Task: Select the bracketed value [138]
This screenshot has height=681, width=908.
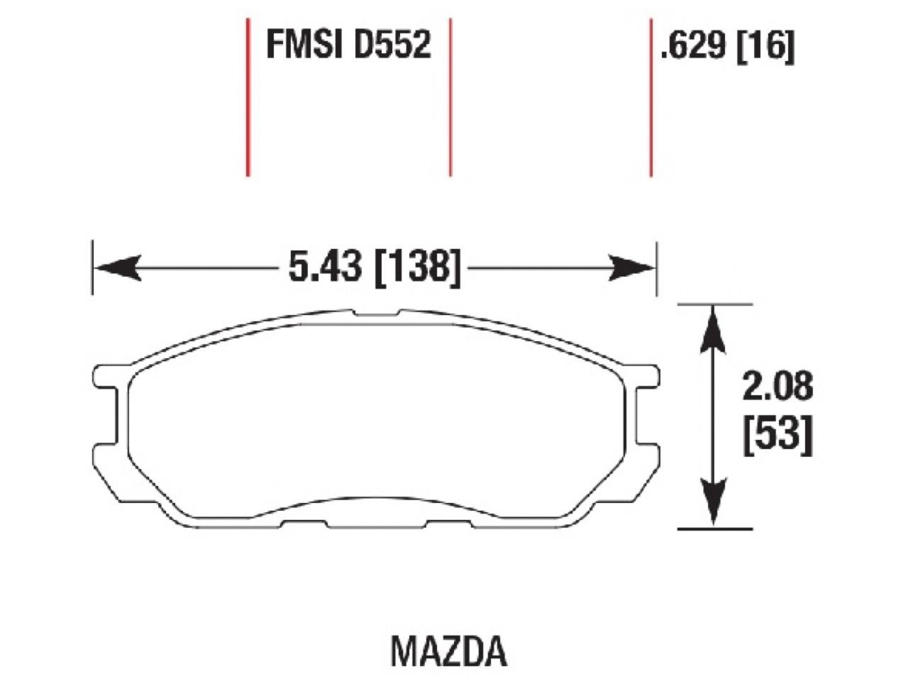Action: pos(417,268)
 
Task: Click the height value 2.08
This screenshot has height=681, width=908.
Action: pos(777,387)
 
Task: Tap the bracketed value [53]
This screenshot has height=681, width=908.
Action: pos(777,434)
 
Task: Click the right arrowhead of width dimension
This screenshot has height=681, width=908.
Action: pos(633,268)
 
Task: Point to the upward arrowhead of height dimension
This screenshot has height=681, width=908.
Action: pos(714,330)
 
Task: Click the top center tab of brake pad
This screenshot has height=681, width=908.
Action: pos(376,313)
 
